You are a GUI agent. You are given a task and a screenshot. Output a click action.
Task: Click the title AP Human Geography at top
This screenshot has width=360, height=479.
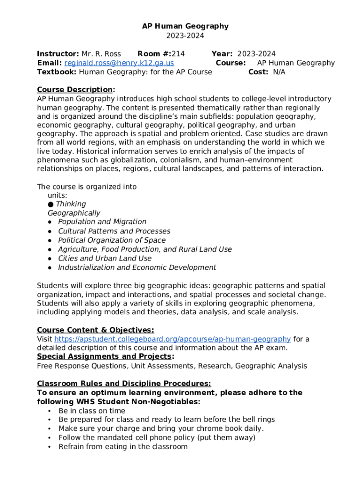tap(185, 26)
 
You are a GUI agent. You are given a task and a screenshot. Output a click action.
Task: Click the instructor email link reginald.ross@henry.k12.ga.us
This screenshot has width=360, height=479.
tap(119, 63)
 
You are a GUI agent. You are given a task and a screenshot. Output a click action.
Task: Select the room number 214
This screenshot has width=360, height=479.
tap(178, 54)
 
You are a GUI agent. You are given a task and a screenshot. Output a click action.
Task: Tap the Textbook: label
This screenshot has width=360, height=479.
tap(57, 72)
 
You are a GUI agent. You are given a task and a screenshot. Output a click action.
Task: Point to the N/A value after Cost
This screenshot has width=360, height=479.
tap(279, 72)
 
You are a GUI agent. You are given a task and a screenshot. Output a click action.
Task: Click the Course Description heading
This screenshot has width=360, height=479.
tap(75, 90)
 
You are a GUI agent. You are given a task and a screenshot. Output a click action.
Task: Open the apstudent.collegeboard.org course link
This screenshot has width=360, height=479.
tap(173, 339)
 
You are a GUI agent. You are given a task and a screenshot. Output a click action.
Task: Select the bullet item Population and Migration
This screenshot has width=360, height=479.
tap(102, 222)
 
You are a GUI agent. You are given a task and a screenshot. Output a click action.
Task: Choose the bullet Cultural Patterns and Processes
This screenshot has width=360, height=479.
tap(114, 231)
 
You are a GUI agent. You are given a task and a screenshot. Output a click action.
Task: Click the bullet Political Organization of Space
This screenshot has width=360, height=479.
tap(112, 240)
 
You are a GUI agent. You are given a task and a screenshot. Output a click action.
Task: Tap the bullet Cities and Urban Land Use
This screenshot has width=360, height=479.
tap(105, 258)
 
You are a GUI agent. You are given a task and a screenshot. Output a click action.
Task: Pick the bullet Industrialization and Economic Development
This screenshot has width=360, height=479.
tap(137, 268)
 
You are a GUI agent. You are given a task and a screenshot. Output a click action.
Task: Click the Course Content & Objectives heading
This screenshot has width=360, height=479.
tap(95, 330)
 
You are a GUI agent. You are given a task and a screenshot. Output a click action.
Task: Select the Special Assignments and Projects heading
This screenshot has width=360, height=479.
tap(105, 357)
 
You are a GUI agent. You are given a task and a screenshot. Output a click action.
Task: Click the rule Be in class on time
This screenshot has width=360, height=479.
tap(92, 411)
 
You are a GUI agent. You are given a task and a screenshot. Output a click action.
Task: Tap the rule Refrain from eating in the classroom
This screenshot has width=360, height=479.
tap(123, 447)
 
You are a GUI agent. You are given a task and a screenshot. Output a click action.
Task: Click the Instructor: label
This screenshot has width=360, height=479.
tap(58, 54)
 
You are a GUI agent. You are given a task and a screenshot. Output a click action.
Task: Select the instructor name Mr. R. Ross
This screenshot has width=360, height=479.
tap(101, 54)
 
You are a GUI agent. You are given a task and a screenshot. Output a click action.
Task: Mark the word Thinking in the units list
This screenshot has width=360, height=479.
tap(71, 204)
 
